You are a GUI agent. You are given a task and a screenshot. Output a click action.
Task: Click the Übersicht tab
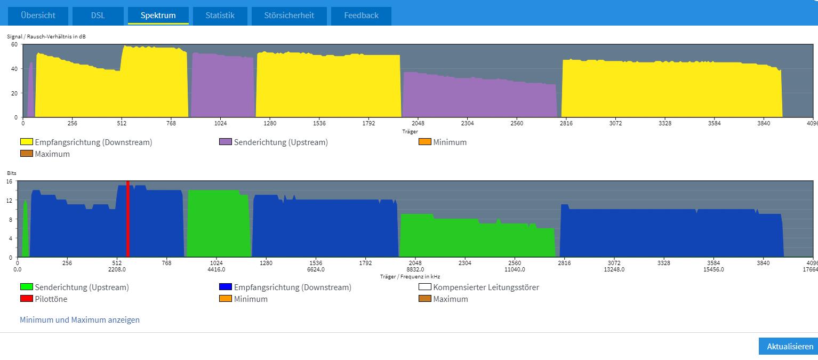tap(38, 15)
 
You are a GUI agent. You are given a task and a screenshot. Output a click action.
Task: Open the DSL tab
tap(98, 15)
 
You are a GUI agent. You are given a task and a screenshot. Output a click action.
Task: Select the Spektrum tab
tap(158, 15)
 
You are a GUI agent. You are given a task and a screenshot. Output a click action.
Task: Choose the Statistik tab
tap(220, 15)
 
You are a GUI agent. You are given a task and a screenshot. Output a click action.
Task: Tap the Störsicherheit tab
tap(289, 15)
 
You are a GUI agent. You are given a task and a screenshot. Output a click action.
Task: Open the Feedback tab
tap(361, 15)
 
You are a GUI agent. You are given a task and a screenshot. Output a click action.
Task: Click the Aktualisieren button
tap(790, 346)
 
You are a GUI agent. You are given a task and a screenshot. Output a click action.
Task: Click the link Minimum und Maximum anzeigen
tap(79, 320)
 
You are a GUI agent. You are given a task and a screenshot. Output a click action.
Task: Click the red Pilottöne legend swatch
tap(27, 299)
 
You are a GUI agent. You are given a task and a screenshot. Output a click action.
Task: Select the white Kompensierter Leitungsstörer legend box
tap(424, 287)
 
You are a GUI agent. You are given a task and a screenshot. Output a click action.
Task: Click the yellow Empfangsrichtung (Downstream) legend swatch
tap(27, 142)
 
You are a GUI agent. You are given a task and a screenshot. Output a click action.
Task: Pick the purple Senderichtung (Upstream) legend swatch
tap(226, 142)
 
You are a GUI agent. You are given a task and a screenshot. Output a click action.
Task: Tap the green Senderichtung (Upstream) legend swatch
tap(27, 287)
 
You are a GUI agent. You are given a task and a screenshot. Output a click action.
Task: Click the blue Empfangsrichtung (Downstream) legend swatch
tap(226, 287)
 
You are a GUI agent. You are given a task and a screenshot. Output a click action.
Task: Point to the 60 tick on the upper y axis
tap(14, 44)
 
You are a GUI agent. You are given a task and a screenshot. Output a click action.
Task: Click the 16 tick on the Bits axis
tap(9, 182)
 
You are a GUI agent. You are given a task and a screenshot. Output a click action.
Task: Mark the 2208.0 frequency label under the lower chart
tap(117, 269)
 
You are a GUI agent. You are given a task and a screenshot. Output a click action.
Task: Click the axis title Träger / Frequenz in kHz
tap(410, 277)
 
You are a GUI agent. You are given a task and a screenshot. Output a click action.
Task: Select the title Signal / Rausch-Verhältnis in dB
tap(46, 37)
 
